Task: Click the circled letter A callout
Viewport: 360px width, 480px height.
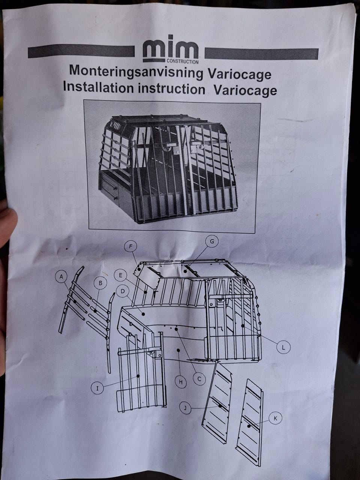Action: pos(62,277)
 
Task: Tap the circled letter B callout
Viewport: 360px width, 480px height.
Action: pos(100,283)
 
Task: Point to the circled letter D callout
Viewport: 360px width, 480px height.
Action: pos(123,292)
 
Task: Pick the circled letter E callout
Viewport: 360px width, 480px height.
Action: pos(120,276)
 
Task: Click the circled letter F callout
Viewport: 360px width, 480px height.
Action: pos(130,247)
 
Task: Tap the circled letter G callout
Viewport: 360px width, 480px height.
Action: pos(212,241)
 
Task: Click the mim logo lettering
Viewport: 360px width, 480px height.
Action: pos(171,48)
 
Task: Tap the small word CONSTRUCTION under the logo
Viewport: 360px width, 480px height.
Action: pos(183,62)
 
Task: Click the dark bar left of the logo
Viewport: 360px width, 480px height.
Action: pos(81,51)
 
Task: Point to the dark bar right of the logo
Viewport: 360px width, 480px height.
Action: pos(261,54)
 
